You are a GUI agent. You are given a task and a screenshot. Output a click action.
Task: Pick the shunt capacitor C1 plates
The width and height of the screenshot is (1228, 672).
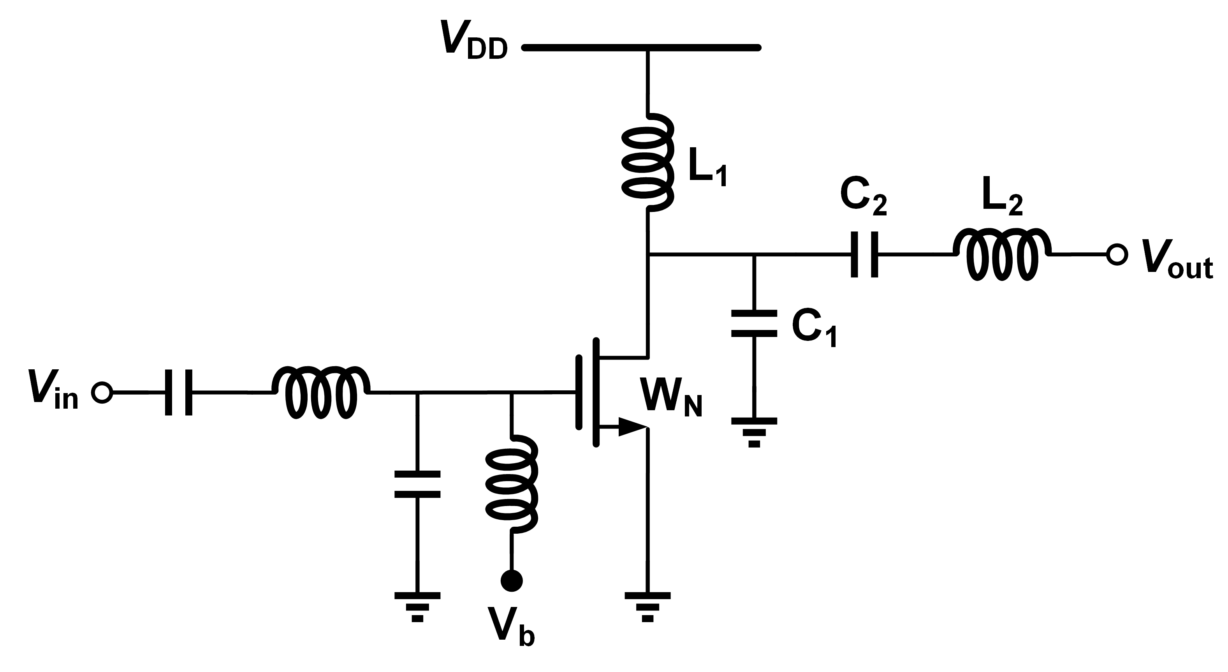(x=754, y=324)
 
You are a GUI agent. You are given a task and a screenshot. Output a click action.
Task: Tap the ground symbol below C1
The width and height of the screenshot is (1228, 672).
(x=754, y=432)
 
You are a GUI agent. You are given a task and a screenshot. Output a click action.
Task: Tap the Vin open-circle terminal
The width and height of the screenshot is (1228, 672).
(x=102, y=393)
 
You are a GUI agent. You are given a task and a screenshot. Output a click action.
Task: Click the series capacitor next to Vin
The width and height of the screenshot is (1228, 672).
(x=179, y=393)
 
